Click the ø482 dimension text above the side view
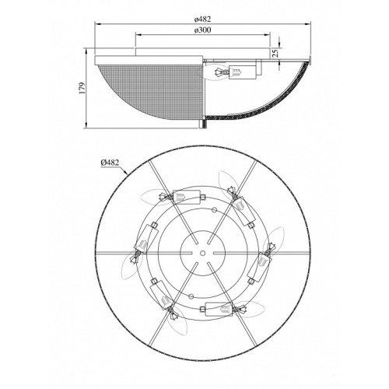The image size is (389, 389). pos(202,19)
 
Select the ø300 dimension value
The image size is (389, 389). pos(202,30)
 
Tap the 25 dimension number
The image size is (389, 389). pos(275,53)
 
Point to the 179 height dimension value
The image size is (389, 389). pos(82,88)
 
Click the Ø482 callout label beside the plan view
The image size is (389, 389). pos(110,163)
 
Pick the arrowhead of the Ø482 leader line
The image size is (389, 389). pos(126,172)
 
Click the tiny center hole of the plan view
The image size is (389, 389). pos(202,253)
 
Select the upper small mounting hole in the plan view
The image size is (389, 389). pos(214,210)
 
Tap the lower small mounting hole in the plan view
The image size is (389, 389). pos(191,296)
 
